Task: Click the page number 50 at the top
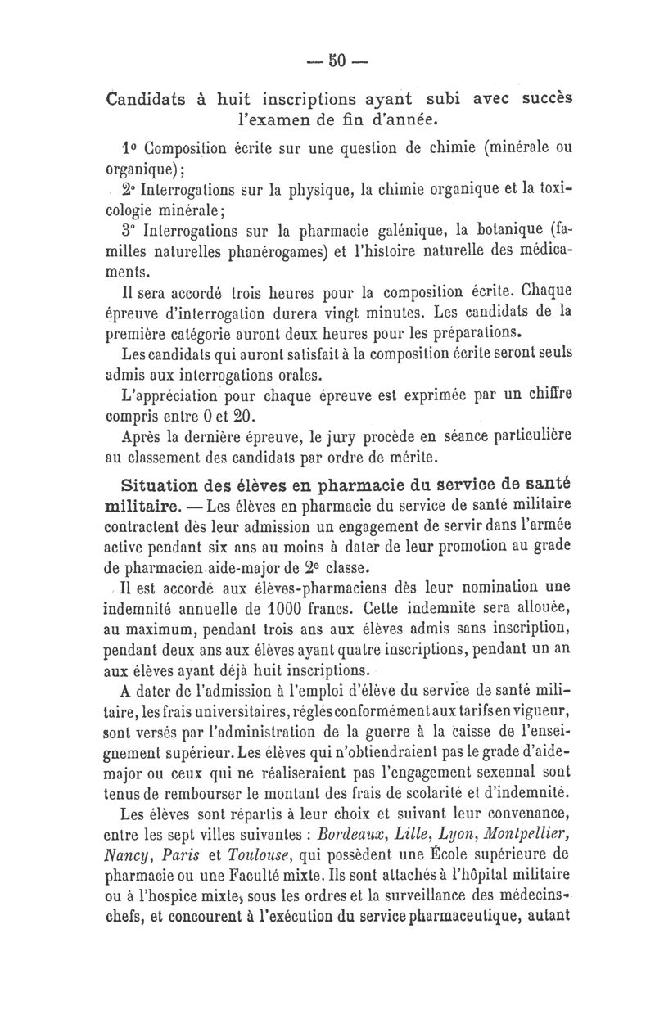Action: [x=339, y=62]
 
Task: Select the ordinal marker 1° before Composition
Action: [x=129, y=150]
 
